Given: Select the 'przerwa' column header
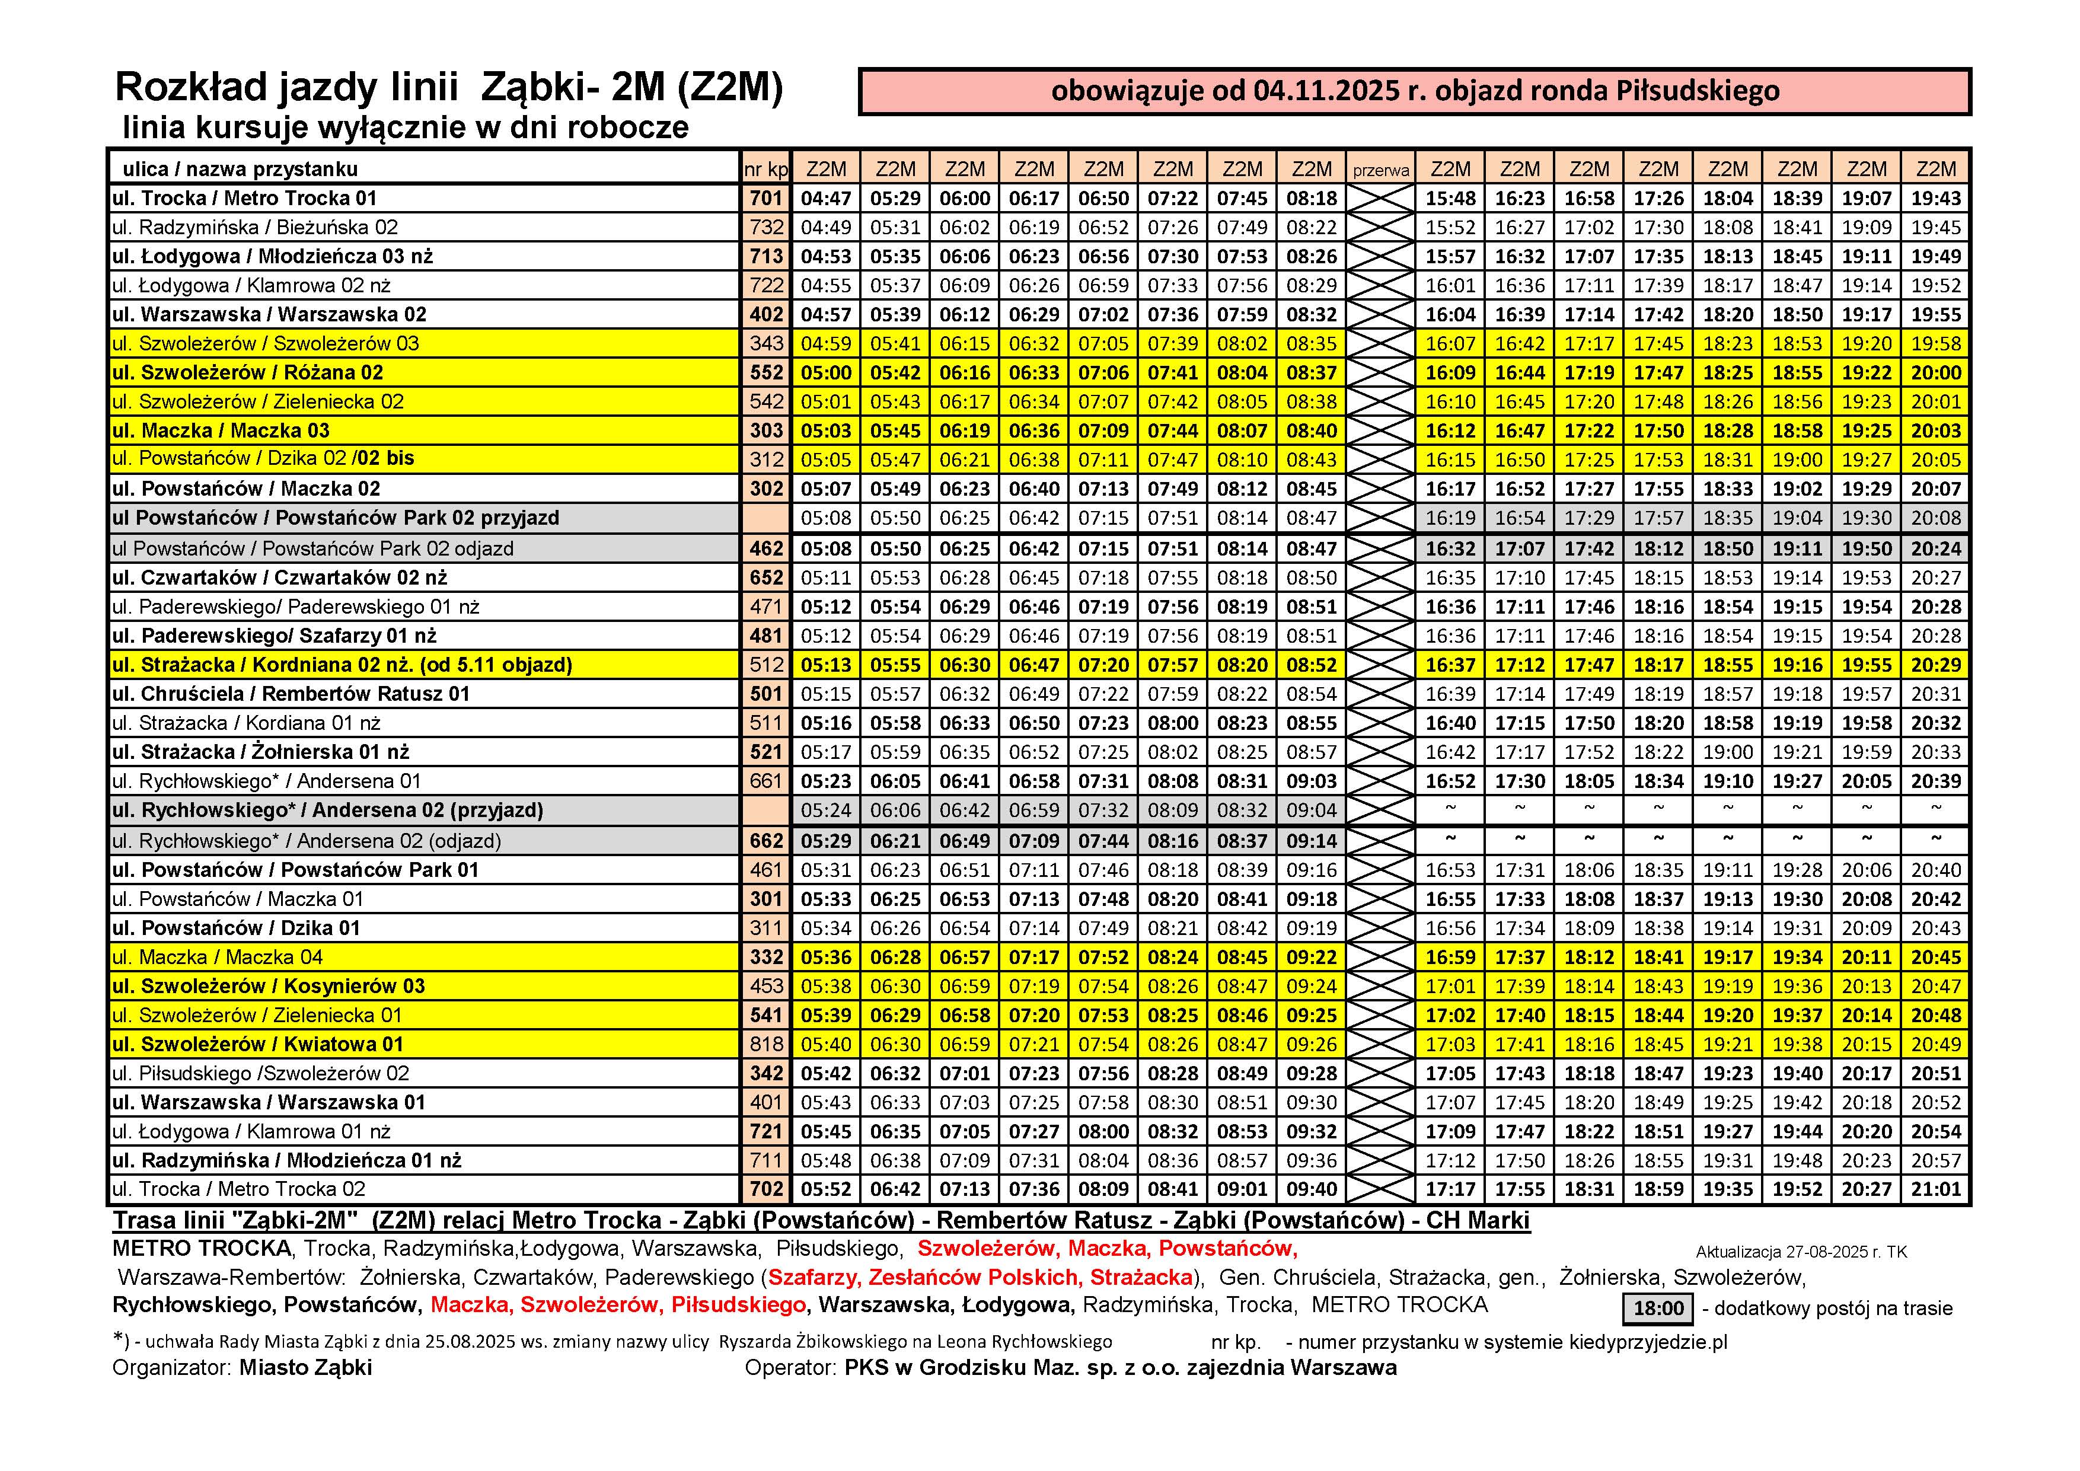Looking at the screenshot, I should (1380, 170).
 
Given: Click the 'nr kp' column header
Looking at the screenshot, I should (765, 170).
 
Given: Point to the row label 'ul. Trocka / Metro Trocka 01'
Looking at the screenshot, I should (245, 199).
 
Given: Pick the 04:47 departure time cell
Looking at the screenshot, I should (825, 199).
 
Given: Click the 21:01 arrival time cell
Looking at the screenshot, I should (1936, 1189).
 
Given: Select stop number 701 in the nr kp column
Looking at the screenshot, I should (765, 199).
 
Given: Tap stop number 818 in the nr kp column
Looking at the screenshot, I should (765, 1044).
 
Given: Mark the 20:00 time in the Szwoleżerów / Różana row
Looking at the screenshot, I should (1936, 372).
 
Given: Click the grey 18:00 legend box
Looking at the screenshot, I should (1658, 1308).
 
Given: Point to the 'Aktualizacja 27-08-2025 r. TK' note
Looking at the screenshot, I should (1801, 1252).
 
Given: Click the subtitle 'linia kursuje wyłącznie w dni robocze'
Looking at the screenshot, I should (405, 127).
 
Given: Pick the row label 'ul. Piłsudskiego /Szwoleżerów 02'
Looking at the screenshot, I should (261, 1073).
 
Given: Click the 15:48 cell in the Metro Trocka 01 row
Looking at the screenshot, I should (1450, 199).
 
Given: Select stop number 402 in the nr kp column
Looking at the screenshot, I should (765, 314).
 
